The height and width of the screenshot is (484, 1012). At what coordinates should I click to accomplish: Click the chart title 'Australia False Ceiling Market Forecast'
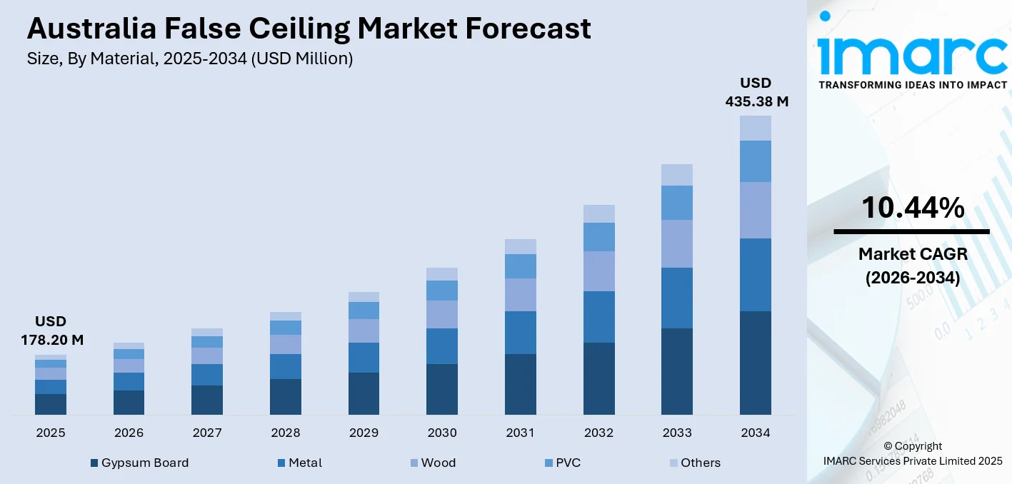pyautogui.click(x=309, y=29)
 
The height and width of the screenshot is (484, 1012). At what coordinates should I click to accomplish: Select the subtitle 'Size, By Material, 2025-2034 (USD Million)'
pyautogui.click(x=190, y=59)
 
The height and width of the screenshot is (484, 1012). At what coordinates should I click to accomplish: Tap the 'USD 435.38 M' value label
pyautogui.click(x=756, y=92)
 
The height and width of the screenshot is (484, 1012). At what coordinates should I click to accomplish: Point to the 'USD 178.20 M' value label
pyautogui.click(x=51, y=331)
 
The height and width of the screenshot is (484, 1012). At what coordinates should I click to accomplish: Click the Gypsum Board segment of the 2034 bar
pyautogui.click(x=756, y=363)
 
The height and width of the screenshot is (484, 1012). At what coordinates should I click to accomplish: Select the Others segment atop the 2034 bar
pyautogui.click(x=756, y=128)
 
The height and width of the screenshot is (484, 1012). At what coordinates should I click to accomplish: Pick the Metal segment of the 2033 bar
pyautogui.click(x=677, y=298)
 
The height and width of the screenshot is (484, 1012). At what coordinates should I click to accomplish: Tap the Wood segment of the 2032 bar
pyautogui.click(x=598, y=271)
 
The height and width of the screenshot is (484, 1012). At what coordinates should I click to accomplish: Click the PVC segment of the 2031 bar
pyautogui.click(x=520, y=266)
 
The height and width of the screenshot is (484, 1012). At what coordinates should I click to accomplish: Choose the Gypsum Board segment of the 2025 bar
pyautogui.click(x=51, y=404)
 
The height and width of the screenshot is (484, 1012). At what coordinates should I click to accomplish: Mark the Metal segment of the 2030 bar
pyautogui.click(x=442, y=346)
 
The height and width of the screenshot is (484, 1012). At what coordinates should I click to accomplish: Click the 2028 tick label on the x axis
pyautogui.click(x=286, y=433)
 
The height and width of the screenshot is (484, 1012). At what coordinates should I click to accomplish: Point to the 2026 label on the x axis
pyautogui.click(x=129, y=433)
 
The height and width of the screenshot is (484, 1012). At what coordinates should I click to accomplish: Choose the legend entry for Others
pyautogui.click(x=693, y=463)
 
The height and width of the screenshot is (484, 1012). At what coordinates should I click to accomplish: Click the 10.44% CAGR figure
pyautogui.click(x=912, y=208)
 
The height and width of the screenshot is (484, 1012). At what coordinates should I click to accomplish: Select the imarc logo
pyautogui.click(x=912, y=54)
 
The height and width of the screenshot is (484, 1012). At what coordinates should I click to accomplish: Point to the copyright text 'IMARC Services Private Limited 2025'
pyautogui.click(x=913, y=460)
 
